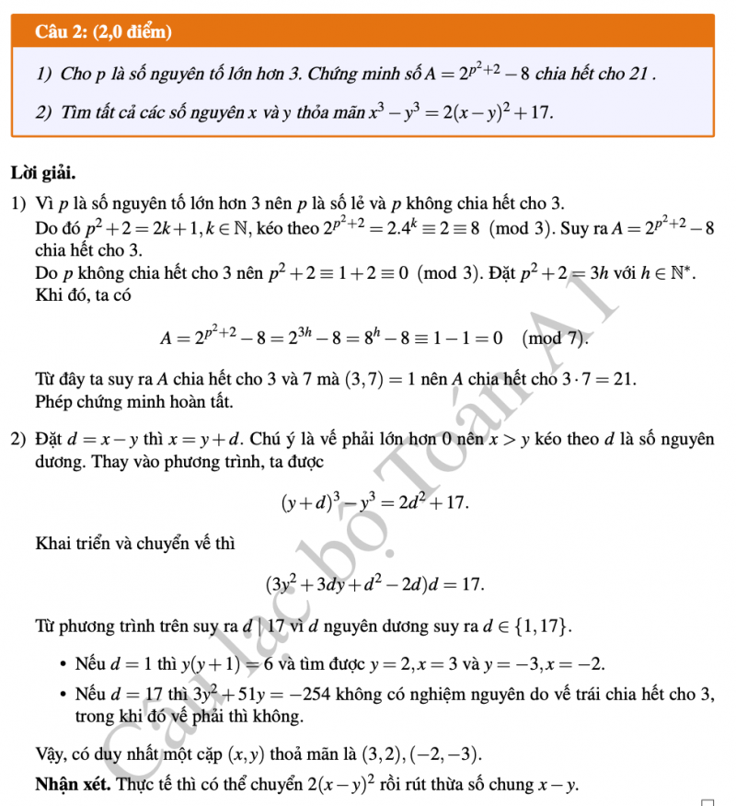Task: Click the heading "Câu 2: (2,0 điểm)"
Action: tap(104, 32)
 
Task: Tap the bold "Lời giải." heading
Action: tap(43, 171)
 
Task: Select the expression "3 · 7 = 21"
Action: tap(593, 378)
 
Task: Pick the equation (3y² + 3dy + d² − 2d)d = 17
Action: tap(374, 583)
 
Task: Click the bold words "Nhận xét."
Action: tap(74, 786)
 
